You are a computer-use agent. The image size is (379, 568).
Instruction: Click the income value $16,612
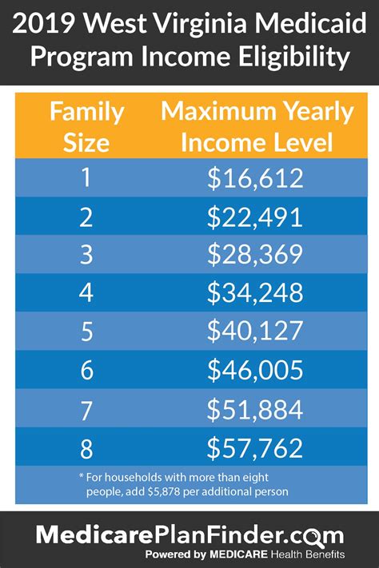point(255,178)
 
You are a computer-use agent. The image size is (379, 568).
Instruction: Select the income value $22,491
point(255,216)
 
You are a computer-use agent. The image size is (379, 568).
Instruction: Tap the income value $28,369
point(255,255)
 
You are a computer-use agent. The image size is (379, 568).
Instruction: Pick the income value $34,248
point(255,293)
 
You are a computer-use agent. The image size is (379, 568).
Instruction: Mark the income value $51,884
point(255,409)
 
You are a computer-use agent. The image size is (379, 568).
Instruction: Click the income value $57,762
point(255,447)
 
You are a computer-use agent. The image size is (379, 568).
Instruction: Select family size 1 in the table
point(86,178)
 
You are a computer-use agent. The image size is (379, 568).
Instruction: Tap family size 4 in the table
point(86,293)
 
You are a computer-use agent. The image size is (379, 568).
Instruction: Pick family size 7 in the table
point(86,409)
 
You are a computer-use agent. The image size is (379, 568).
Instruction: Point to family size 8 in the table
point(86,447)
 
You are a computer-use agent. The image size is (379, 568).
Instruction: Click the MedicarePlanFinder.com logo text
point(189,535)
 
